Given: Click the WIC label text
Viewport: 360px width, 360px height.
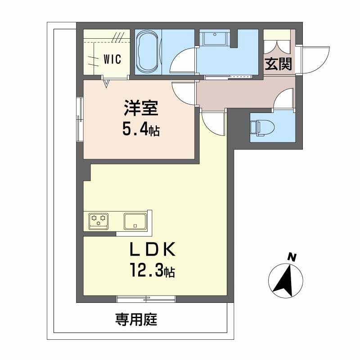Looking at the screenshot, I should pos(112,59).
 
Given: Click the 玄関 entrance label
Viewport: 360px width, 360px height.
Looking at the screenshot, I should pos(278,64).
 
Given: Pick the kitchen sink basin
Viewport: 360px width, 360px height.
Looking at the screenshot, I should pos(135,220).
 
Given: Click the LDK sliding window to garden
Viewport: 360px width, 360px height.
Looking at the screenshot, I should pos(146,297).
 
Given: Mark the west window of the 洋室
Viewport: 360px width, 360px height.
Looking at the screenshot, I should pos(80,119).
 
